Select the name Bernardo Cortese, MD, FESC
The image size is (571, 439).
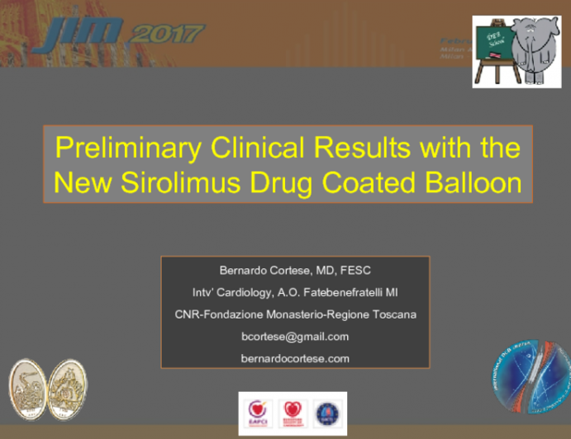[x=295, y=270]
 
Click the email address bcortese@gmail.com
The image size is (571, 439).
[x=295, y=336]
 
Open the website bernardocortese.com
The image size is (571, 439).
[x=295, y=358]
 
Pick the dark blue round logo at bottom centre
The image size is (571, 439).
[x=326, y=412]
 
